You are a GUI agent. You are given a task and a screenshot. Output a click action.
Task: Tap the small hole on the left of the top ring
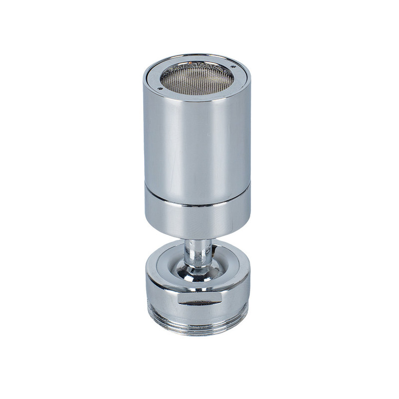(x=160, y=88)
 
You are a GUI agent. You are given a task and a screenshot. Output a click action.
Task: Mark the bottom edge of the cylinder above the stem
(x=197, y=236)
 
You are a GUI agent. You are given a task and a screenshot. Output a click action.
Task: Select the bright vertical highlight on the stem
(x=193, y=252)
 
